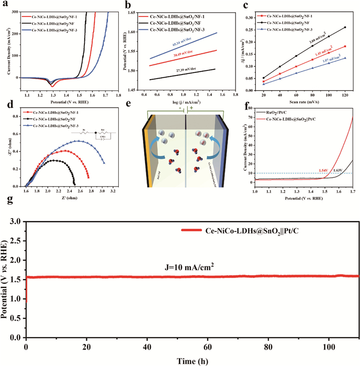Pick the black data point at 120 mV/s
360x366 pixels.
[x=345, y=28]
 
